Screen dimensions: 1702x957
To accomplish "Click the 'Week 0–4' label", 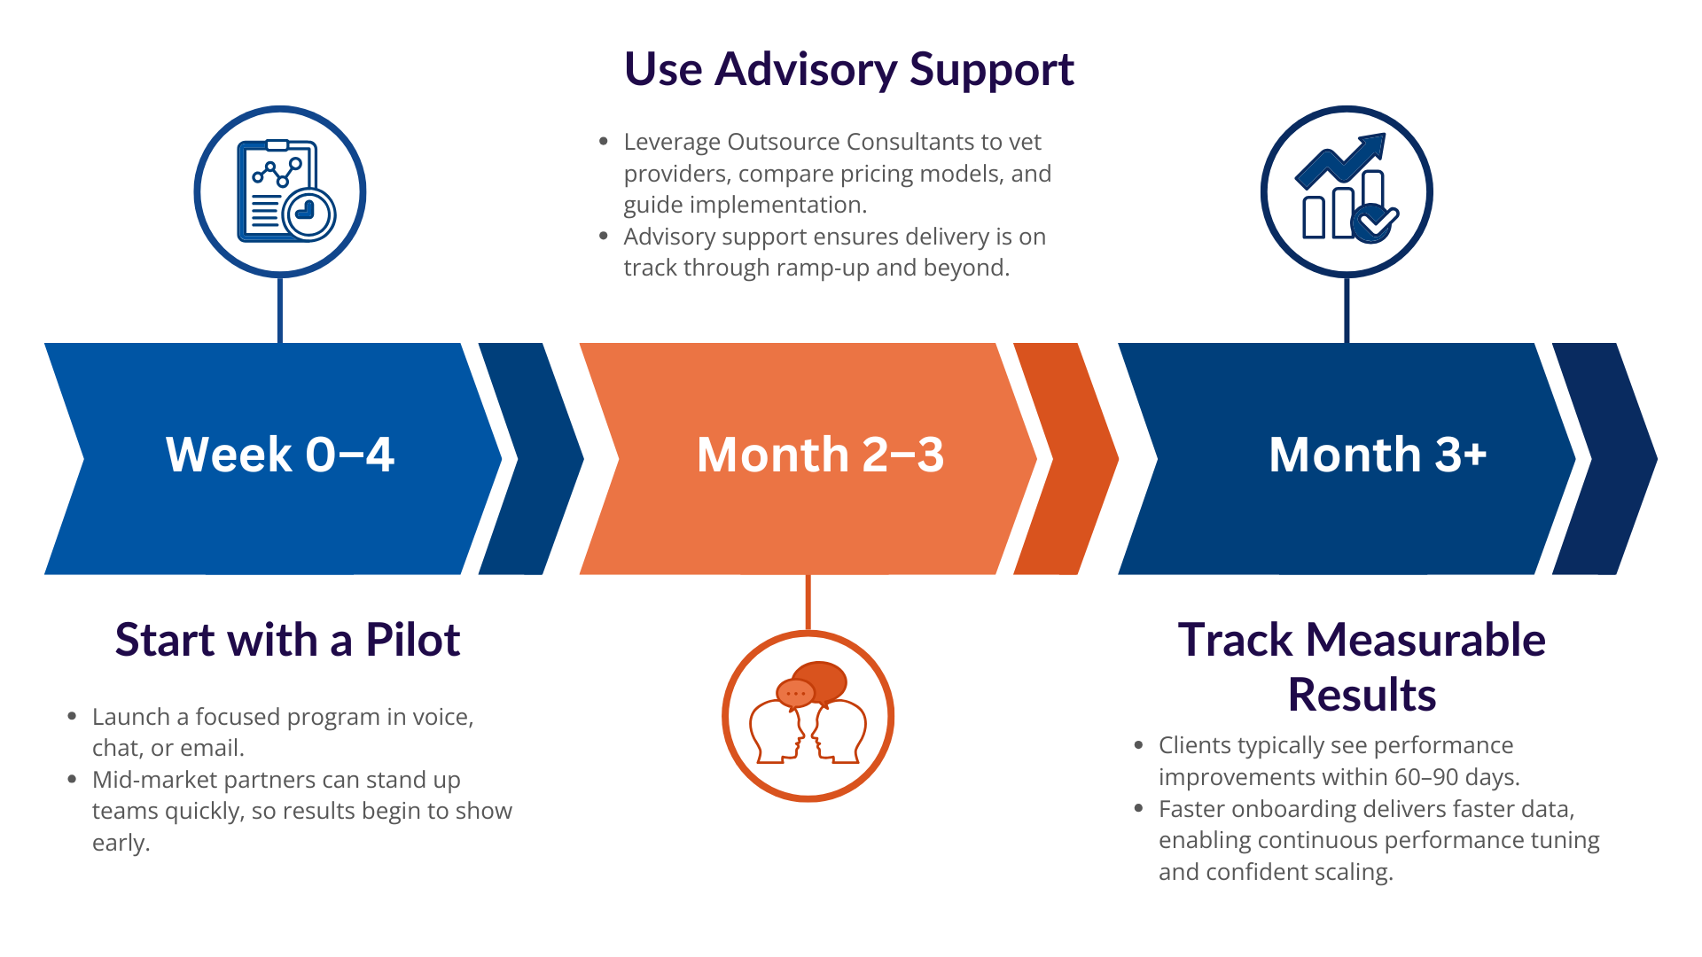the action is pos(280,455).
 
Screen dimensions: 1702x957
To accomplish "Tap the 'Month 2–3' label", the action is pos(820,455).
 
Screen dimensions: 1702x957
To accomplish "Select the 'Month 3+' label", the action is pos(1378,455).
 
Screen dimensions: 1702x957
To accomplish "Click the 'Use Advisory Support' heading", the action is pos(849,69).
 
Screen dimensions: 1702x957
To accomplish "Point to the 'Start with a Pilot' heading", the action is pos(287,640).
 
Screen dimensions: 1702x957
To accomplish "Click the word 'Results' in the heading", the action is pos(1362,695).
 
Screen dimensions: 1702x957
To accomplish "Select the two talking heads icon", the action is pos(808,712).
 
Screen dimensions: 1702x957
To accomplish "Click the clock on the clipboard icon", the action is pos(308,214).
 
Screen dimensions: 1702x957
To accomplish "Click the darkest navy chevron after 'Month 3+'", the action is pos(1604,459).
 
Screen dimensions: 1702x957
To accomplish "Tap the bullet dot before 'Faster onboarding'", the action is pos(1139,808).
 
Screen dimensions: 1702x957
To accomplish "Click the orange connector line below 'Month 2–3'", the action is pos(808,603).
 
